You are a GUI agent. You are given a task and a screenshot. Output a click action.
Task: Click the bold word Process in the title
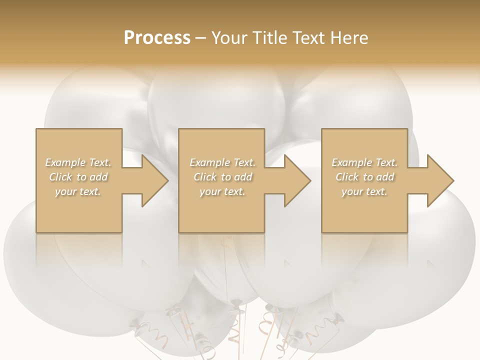tap(157, 38)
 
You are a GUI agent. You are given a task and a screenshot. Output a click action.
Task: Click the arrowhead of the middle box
tap(297, 180)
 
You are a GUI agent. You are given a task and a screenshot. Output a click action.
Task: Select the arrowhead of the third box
tap(439, 180)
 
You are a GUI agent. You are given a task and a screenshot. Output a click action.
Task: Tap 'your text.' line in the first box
tap(78, 191)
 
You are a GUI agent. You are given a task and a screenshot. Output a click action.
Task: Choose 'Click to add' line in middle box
tap(222, 177)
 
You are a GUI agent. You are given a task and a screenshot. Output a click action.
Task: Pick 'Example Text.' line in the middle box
tap(222, 162)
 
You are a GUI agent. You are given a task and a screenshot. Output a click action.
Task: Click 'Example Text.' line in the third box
tap(364, 162)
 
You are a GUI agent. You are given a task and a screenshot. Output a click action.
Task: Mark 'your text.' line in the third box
tap(364, 191)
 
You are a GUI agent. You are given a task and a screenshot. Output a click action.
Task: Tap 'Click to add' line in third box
tap(364, 177)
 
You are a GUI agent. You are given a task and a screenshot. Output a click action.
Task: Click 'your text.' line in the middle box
tap(222, 191)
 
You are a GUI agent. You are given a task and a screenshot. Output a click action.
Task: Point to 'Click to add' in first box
tap(78, 177)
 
